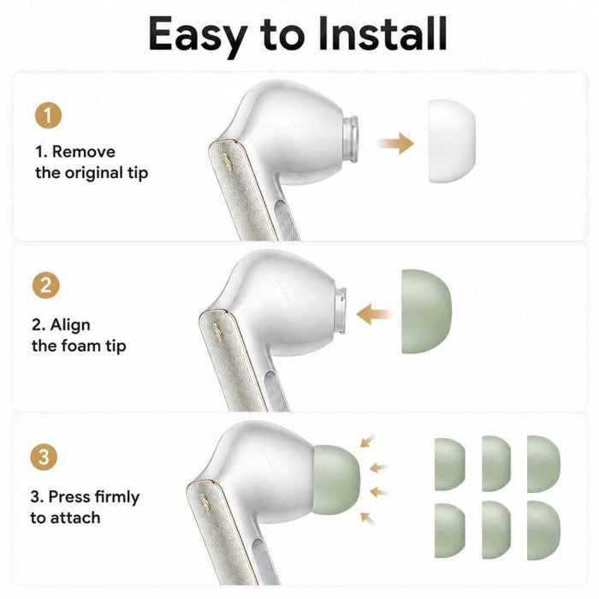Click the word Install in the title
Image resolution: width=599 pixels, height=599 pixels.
click(x=383, y=33)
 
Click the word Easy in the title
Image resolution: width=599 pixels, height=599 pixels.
click(x=197, y=36)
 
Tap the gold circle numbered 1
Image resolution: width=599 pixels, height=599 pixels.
click(x=48, y=115)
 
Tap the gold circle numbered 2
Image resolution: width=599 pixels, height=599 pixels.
click(x=46, y=285)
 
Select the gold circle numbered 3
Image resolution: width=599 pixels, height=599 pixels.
click(x=44, y=456)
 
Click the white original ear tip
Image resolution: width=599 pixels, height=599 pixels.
click(x=452, y=141)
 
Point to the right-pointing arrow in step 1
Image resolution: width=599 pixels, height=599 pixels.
click(x=395, y=144)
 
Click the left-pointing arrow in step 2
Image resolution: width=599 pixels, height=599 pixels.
click(x=375, y=314)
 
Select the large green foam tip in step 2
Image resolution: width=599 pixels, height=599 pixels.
click(x=426, y=311)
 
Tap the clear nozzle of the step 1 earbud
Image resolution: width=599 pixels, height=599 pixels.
click(x=350, y=139)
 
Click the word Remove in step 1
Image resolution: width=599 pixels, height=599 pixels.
click(x=84, y=151)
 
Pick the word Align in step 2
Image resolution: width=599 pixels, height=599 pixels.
click(x=70, y=325)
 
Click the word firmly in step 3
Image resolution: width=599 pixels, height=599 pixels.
click(x=117, y=497)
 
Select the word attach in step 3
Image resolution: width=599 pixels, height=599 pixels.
click(x=75, y=518)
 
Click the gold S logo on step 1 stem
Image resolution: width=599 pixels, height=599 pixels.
click(x=228, y=162)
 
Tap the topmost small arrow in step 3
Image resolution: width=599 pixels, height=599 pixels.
click(x=368, y=441)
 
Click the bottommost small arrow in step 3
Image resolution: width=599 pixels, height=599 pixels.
click(x=368, y=519)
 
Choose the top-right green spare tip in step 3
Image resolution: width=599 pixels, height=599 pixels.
click(x=543, y=464)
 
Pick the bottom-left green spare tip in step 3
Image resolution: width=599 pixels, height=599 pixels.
click(x=449, y=531)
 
